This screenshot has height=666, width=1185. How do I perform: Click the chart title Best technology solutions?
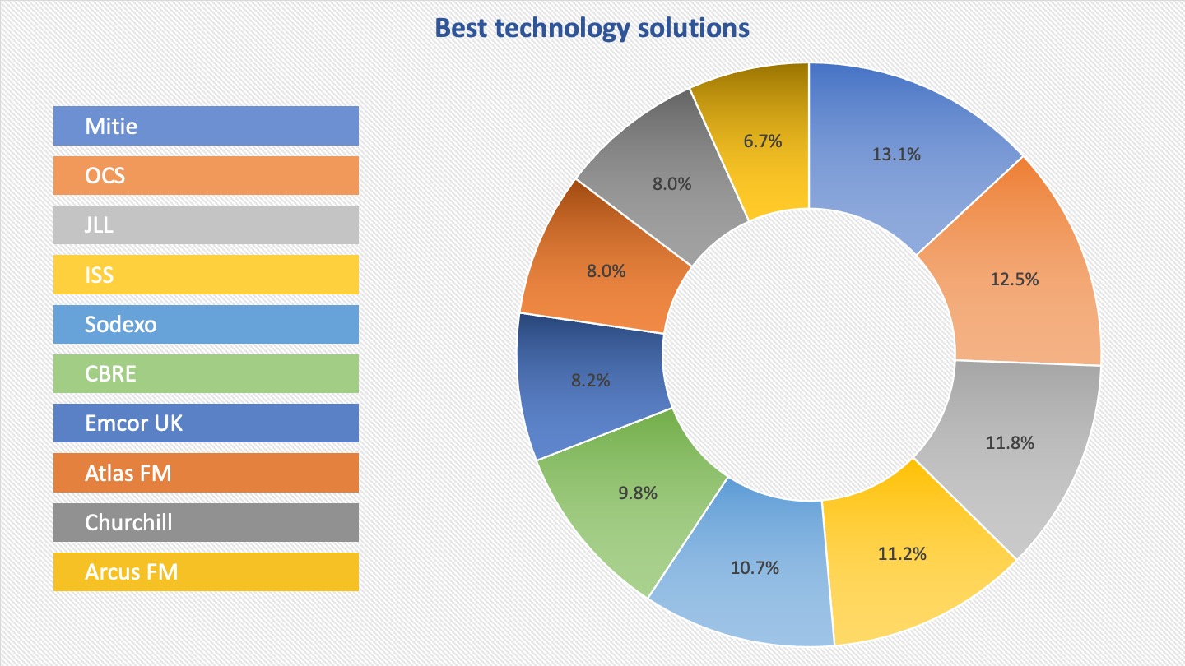point(592,28)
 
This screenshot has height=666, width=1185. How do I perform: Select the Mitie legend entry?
point(206,126)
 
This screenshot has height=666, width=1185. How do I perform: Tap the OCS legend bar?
point(206,175)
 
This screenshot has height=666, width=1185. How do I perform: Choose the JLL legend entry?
point(206,224)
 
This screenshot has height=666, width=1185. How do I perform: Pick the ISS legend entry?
point(206,275)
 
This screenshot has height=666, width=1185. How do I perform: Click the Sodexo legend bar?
point(206,324)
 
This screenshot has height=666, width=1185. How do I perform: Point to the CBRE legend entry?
point(206,373)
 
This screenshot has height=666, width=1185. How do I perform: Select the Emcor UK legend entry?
point(206,423)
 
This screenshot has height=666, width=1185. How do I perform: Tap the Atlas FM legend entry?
point(206,473)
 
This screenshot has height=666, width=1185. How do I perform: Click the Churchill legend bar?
point(206,522)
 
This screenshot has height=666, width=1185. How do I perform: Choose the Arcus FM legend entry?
point(206,572)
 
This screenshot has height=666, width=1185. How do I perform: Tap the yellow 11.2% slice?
point(903,553)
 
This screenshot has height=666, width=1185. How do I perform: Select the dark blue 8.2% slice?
point(590,380)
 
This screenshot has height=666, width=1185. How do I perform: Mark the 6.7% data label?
point(762,141)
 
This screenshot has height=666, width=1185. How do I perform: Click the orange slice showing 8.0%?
point(606,271)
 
